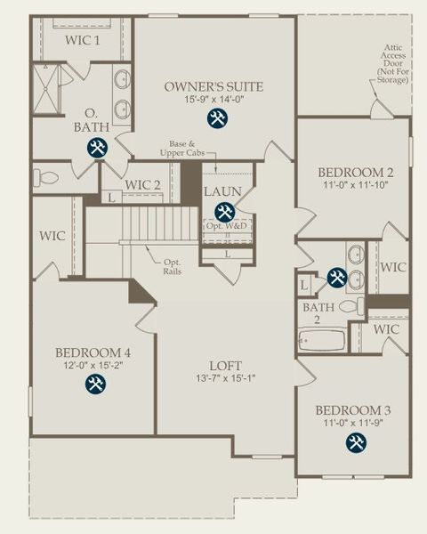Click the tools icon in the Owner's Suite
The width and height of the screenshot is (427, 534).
pyautogui.click(x=217, y=117)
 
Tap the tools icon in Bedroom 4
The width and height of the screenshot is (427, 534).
pyautogui.click(x=95, y=384)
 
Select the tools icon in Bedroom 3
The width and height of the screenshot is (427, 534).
pyautogui.click(x=354, y=442)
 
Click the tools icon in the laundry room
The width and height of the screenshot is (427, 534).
pyautogui.click(x=224, y=212)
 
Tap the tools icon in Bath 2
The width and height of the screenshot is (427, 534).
pyautogui.click(x=336, y=278)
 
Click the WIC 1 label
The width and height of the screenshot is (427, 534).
pyautogui.click(x=83, y=40)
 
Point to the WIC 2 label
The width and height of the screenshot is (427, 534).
pyautogui.click(x=142, y=185)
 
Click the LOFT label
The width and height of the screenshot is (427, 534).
pyautogui.click(x=226, y=365)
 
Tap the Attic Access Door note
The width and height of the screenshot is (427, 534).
pyautogui.click(x=394, y=63)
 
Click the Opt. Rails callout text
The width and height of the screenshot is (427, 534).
pyautogui.click(x=173, y=267)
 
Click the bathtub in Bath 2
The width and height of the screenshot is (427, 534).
pyautogui.click(x=321, y=341)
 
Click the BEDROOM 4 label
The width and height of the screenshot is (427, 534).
pyautogui.click(x=93, y=351)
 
